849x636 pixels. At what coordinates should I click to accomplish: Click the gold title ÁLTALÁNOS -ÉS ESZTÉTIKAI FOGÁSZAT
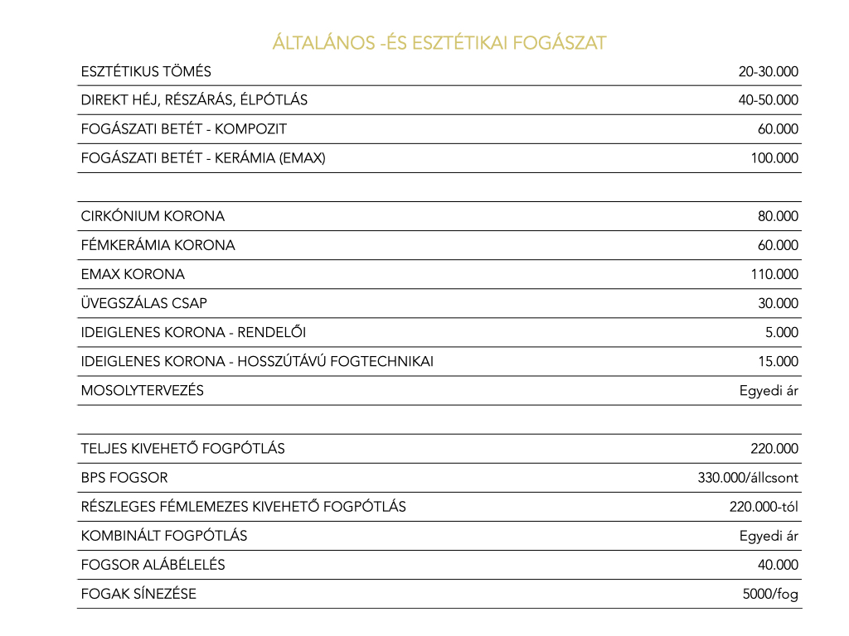[439, 43]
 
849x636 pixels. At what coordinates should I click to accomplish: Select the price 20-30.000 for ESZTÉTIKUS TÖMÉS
[768, 72]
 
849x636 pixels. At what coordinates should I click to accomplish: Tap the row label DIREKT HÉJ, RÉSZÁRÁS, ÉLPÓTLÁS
[194, 100]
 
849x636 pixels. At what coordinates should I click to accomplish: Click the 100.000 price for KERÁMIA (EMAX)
[774, 158]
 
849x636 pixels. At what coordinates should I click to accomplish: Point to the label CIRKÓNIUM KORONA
[153, 217]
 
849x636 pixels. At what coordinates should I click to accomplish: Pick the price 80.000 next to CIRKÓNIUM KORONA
[778, 217]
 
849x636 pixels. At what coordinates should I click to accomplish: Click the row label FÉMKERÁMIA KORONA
[158, 246]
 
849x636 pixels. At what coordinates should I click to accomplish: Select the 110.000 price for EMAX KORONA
[774, 274]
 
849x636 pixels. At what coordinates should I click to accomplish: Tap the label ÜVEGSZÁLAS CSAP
[143, 304]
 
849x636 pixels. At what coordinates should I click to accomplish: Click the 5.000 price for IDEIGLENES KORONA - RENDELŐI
[782, 333]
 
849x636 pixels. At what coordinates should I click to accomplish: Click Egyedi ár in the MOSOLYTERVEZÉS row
[769, 391]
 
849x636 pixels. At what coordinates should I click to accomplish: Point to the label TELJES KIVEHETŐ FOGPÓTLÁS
[182, 449]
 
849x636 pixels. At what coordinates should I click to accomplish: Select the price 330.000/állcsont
[748, 478]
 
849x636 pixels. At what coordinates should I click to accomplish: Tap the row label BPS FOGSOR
[124, 478]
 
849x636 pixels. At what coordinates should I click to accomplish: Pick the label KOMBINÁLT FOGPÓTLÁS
[164, 536]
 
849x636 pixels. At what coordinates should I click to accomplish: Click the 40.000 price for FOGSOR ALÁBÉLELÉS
[778, 565]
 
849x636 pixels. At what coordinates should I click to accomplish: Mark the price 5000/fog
[770, 594]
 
